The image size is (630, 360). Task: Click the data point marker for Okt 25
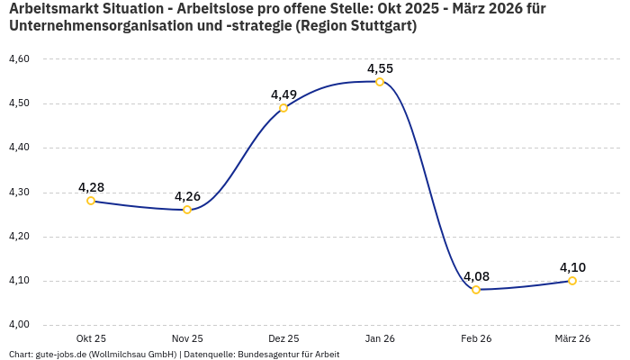point(91,201)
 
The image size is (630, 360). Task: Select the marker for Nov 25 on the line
point(187,210)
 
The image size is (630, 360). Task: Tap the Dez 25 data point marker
point(283,108)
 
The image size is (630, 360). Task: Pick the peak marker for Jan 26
point(380,82)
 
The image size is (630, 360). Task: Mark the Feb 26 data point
point(476,290)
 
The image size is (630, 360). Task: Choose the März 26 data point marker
point(572,281)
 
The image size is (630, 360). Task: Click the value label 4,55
point(380,68)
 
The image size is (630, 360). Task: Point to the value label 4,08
point(476,276)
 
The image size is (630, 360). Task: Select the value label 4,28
point(91,187)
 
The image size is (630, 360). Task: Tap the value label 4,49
point(283,94)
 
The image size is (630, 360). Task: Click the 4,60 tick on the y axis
point(19,59)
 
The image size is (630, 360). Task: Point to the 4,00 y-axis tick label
point(19,325)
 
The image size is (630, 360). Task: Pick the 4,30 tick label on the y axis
point(19,193)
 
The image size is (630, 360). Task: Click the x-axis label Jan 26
point(380,338)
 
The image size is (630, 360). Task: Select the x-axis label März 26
point(572,338)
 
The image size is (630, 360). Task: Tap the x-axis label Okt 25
point(91,338)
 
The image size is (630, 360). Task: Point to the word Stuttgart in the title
point(381,26)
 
